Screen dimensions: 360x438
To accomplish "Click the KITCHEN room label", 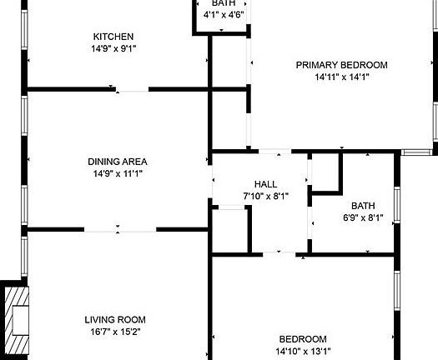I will click(113, 37).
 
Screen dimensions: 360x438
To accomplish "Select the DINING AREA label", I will click(118, 162).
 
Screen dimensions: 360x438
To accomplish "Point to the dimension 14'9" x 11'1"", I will click(118, 173).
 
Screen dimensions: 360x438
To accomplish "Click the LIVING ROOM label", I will click(115, 319).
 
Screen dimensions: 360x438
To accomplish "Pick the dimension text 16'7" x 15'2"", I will click(115, 331).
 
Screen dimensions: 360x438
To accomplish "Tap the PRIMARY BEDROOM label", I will click(342, 65).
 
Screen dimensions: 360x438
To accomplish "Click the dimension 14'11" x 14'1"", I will click(342, 77).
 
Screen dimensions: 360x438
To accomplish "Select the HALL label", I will click(265, 184).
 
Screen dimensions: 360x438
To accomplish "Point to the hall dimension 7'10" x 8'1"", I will click(265, 196).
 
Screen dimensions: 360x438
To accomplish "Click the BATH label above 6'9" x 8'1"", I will click(363, 206).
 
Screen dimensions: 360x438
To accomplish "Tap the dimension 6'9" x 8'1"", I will click(363, 217).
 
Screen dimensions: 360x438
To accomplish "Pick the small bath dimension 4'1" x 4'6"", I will click(222, 14).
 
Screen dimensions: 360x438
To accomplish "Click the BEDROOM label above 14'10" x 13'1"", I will click(302, 338).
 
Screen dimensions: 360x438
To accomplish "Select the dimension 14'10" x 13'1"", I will click(302, 351).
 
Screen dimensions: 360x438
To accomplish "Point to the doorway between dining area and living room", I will click(119, 228).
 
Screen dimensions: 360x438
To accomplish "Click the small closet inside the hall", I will click(231, 229).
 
